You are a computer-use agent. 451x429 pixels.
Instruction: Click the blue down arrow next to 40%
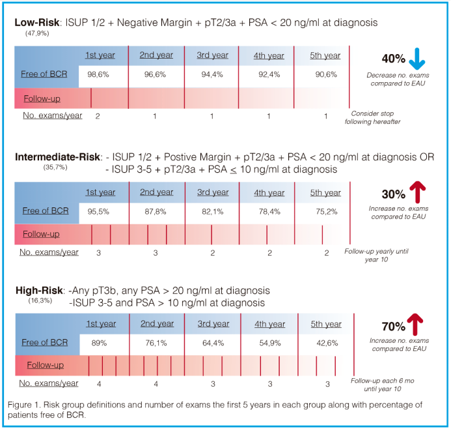coord(418,60)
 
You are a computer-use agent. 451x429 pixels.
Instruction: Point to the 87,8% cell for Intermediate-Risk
coord(157,211)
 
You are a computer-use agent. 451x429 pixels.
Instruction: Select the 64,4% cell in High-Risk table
coord(212,342)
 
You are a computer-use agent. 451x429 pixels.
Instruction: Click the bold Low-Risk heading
coord(36,23)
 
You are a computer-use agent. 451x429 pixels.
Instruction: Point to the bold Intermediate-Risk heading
coord(57,157)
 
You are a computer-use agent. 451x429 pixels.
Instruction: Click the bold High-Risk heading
coord(38,289)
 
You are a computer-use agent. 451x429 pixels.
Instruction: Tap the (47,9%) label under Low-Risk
coord(37,32)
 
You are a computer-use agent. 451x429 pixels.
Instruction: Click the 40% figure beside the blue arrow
coord(393,60)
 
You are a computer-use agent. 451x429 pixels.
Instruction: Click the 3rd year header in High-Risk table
coord(212,324)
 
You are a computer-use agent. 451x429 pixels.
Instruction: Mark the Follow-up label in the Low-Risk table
coord(41,98)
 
